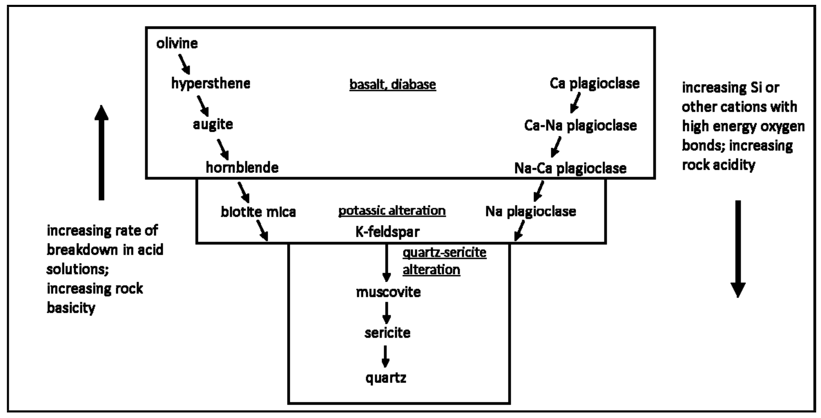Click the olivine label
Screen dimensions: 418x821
(177, 43)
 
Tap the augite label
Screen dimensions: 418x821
(213, 124)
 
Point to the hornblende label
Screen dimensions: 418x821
(242, 167)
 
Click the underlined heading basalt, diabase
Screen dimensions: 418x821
(393, 85)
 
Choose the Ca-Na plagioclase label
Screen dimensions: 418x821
(580, 125)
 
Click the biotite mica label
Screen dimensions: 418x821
(258, 212)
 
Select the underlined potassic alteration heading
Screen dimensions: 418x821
(392, 211)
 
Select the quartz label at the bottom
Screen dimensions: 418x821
(386, 378)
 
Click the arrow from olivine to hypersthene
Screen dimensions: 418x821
(184, 64)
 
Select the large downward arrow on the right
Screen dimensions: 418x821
(738, 249)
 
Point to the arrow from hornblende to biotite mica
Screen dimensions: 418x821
(243, 192)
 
